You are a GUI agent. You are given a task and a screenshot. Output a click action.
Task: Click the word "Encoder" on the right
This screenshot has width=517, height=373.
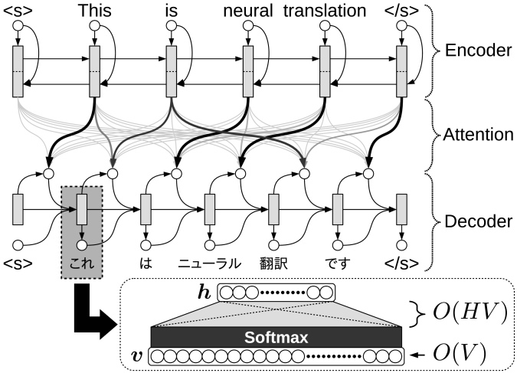(x=479, y=51)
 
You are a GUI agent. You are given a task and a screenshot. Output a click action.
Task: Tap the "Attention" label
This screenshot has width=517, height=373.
(x=478, y=135)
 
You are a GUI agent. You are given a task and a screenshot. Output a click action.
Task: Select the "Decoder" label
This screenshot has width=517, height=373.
(x=479, y=221)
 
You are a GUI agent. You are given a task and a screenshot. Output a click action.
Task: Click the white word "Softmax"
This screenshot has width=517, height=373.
(x=276, y=337)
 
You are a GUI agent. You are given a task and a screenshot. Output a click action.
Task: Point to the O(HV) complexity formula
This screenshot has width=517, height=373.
(x=470, y=312)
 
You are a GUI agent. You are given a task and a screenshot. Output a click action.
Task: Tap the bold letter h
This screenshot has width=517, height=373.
(x=205, y=293)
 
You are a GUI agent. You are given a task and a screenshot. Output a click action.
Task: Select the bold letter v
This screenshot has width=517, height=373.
(x=136, y=356)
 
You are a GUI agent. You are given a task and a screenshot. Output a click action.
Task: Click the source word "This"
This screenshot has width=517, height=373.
(x=95, y=11)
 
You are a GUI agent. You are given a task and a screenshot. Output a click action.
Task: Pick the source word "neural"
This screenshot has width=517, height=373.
(x=248, y=11)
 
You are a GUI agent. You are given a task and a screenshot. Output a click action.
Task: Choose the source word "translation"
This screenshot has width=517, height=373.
(x=325, y=11)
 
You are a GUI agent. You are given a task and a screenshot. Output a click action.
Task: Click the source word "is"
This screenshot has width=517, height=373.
(x=171, y=11)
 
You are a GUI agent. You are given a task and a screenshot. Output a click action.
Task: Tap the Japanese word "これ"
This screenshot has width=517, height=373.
(x=82, y=263)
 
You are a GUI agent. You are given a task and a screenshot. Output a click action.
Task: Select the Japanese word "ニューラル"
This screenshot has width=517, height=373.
(x=210, y=263)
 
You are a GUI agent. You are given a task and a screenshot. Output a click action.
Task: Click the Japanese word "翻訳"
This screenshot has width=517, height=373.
(x=273, y=263)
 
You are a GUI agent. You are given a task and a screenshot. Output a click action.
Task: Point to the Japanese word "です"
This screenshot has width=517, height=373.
(x=338, y=263)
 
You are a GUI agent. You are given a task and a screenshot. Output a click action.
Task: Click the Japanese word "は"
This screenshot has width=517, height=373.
(x=146, y=263)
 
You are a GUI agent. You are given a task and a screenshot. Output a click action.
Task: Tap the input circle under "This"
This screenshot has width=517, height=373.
(x=95, y=25)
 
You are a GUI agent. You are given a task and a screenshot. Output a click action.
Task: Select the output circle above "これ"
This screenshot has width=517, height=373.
(x=82, y=245)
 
